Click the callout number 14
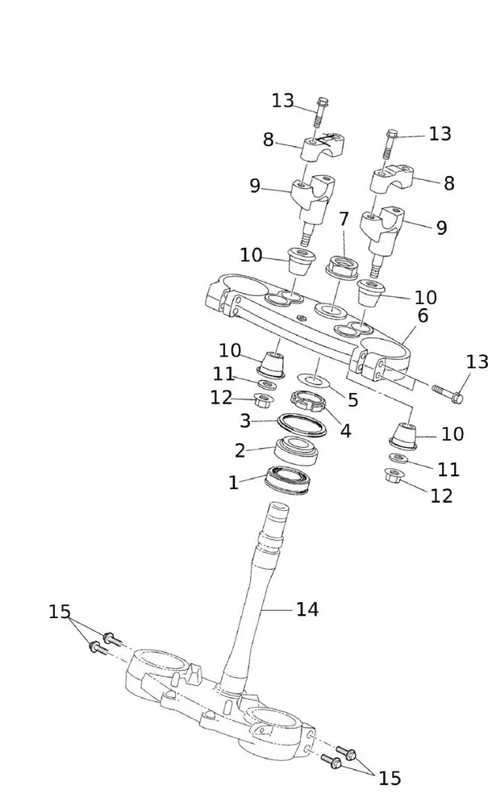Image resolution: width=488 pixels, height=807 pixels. [x=307, y=609]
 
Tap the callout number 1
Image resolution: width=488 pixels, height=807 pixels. [x=234, y=483]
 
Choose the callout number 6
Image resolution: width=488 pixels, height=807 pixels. [x=344, y=219]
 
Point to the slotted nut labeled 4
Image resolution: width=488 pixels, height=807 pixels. [x=307, y=399]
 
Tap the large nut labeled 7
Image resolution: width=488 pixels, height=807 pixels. [x=344, y=266]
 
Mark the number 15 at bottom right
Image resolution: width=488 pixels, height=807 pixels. [x=390, y=778]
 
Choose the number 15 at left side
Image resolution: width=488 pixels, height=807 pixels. [x=60, y=612]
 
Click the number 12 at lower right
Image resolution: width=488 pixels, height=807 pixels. [x=441, y=495]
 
